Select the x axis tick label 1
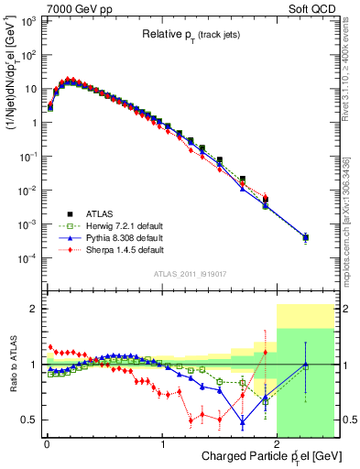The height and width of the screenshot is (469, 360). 162,443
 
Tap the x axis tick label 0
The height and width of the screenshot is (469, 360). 47,443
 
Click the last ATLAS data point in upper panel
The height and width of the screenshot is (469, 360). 305,238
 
